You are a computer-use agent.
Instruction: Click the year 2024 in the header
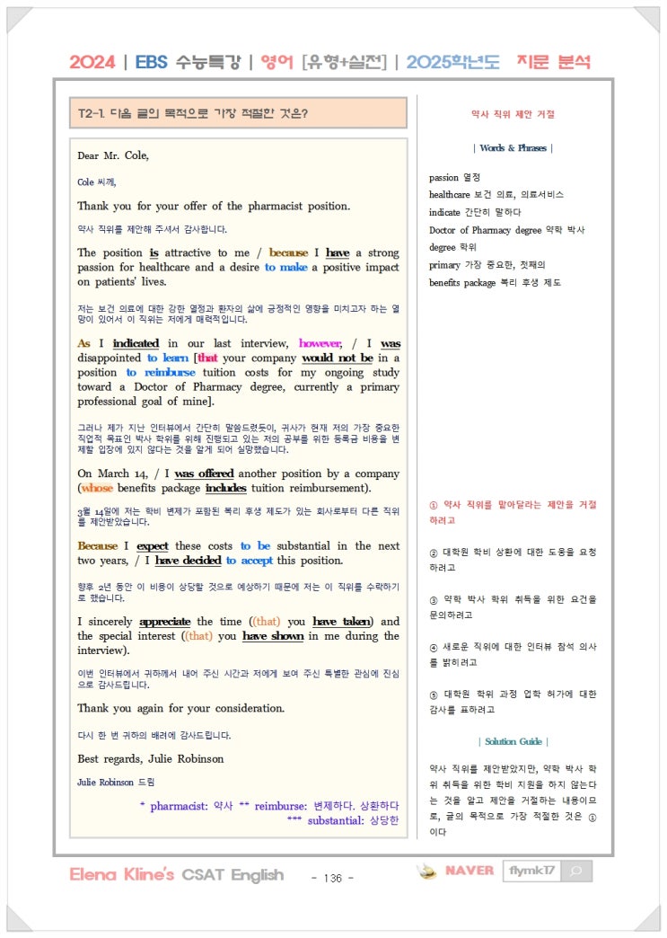pyautogui.click(x=92, y=62)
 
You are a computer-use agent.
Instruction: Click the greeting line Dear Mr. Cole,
pyautogui.click(x=113, y=155)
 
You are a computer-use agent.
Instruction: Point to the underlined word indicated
pyautogui.click(x=136, y=343)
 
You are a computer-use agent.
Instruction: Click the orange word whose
pyautogui.click(x=97, y=488)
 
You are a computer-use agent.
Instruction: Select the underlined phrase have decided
pyautogui.click(x=188, y=561)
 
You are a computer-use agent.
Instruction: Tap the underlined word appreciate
pyautogui.click(x=163, y=622)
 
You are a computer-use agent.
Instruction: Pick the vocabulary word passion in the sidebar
pyautogui.click(x=443, y=178)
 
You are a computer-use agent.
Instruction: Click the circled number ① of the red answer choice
pyautogui.click(x=434, y=505)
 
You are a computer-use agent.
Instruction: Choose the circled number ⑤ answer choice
pyautogui.click(x=434, y=694)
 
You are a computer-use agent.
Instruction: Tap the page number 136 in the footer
pyautogui.click(x=332, y=877)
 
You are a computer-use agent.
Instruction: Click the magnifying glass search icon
pyautogui.click(x=575, y=871)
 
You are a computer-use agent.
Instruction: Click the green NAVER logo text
pyautogui.click(x=470, y=871)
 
